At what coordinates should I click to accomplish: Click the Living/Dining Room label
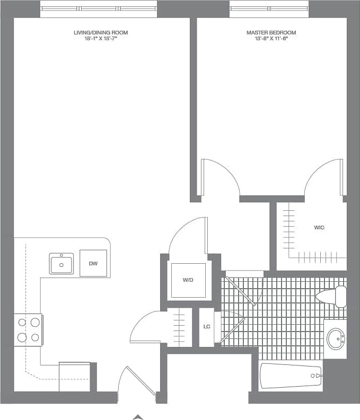(101, 33)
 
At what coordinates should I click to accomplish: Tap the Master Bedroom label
(271, 33)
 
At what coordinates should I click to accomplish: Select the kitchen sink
(62, 263)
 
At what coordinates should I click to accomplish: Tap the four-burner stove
(29, 329)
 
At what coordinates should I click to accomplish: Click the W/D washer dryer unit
(187, 279)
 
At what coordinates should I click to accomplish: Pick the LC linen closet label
(207, 327)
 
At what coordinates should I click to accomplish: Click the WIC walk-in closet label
(319, 228)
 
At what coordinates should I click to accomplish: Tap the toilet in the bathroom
(331, 297)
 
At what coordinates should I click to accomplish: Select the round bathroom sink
(336, 339)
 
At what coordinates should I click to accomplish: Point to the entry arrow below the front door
(137, 417)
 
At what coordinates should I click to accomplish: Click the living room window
(99, 8)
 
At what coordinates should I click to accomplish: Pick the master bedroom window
(269, 8)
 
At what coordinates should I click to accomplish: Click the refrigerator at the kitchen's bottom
(74, 377)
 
